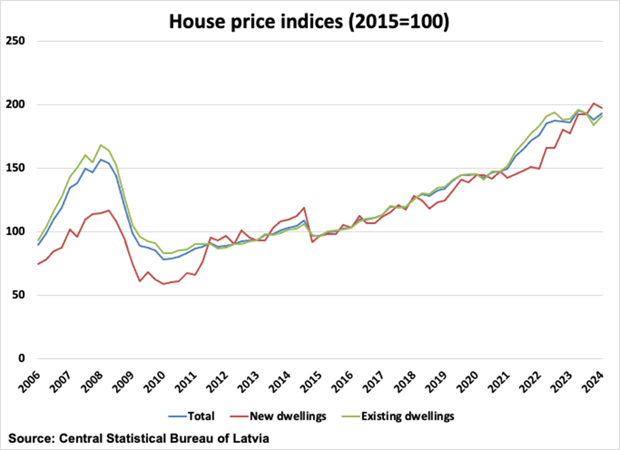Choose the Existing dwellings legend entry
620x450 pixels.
pyautogui.click(x=408, y=417)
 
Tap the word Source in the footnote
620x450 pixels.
pyautogui.click(x=30, y=438)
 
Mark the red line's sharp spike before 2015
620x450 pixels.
pyautogui.click(x=305, y=207)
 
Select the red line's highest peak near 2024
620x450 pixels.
pyautogui.click(x=594, y=103)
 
